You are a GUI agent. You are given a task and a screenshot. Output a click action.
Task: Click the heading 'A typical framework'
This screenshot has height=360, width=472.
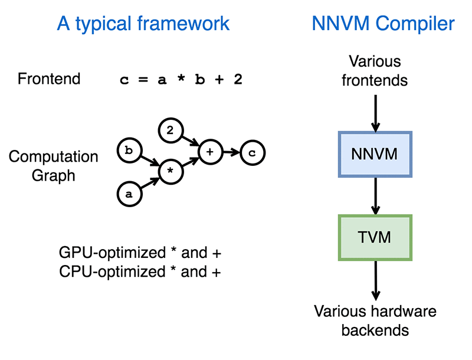point(143,24)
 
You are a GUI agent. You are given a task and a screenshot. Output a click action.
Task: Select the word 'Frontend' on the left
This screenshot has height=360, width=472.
point(49,79)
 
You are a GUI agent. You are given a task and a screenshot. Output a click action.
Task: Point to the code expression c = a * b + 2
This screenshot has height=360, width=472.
point(181,80)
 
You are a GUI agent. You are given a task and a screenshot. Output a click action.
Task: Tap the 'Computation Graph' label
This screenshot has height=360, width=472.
point(53,166)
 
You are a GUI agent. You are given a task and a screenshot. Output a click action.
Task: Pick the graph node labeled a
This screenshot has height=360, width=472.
point(128,193)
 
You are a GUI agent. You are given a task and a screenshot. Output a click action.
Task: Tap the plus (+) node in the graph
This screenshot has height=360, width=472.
point(209,152)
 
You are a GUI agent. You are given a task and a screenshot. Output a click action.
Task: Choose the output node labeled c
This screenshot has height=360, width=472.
point(253,153)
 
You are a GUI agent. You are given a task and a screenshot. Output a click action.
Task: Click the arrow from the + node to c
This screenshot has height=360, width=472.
point(231,153)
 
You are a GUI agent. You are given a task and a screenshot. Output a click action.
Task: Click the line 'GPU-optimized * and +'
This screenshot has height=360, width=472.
point(140,253)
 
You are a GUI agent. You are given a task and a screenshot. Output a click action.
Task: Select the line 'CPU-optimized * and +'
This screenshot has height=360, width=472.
point(140,272)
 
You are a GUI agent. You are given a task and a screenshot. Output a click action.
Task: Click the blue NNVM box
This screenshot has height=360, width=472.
point(375,155)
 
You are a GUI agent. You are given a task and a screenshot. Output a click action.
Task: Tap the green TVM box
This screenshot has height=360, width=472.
point(375,237)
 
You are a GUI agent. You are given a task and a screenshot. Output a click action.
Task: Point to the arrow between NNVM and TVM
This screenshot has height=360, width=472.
point(375,196)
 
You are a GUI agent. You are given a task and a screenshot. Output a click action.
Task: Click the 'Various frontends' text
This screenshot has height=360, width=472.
point(375,70)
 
